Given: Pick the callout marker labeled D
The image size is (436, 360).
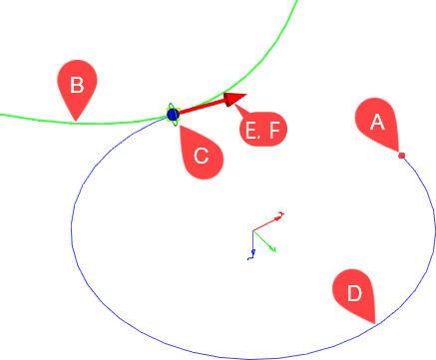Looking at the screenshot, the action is click(353, 292).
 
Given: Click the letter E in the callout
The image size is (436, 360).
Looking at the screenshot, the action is click(250, 130).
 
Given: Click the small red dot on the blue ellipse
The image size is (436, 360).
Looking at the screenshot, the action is click(401, 156).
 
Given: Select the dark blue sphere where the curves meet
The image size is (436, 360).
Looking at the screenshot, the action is click(173, 116).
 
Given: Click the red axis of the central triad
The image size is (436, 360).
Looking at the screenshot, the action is click(269, 221).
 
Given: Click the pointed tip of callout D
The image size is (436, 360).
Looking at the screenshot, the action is click(373, 322).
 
